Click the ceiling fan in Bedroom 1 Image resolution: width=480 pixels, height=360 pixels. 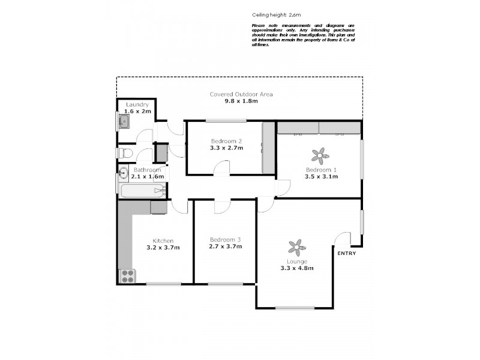point(320,156)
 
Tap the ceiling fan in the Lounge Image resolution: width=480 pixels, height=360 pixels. point(297,247)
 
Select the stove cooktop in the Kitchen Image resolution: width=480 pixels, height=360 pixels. point(128,276)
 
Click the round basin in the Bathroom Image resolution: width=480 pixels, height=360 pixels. point(122,173)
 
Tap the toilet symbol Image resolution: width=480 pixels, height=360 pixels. point(124,153)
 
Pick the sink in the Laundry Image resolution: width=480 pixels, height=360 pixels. point(124,124)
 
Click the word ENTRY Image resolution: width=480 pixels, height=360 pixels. point(347,253)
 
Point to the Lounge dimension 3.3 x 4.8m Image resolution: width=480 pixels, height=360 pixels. point(297,268)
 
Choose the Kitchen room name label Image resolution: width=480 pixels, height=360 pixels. point(163,241)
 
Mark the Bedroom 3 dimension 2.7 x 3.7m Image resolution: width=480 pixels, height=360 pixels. point(225,247)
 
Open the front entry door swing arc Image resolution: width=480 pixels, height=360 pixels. point(342,239)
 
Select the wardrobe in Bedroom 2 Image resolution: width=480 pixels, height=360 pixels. point(268,148)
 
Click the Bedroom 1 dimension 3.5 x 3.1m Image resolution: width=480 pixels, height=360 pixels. point(322,176)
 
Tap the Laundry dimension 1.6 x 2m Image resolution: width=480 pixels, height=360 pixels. point(137,111)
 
